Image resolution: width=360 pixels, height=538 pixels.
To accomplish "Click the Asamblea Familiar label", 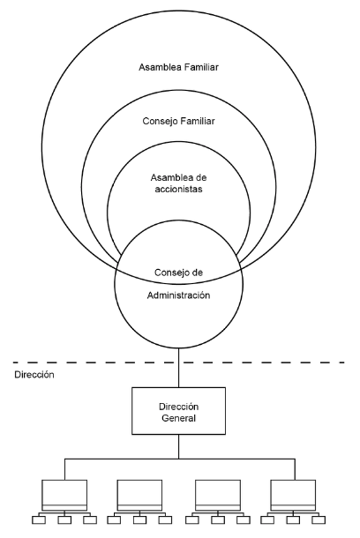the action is pos(178,67).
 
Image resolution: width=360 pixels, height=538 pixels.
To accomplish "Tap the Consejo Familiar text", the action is pos(178,121).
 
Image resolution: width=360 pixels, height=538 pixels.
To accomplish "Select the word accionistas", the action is pos(178,189).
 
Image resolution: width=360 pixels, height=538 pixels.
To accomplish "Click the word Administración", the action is pos(178,295).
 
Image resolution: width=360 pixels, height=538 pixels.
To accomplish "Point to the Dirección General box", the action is pos(178,411).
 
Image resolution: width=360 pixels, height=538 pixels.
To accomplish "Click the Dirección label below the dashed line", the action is pos(34,375).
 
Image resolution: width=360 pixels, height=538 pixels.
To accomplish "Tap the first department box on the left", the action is pos(64,495).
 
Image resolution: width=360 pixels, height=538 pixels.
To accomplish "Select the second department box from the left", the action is pos(139,495).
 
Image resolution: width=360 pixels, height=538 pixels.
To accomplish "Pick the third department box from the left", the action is pos(218,495).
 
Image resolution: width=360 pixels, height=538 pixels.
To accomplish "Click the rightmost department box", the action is pos(293,495).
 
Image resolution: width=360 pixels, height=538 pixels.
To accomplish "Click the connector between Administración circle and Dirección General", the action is pos(178,368).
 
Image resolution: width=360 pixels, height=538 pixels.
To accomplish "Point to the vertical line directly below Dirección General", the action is pos(178,446).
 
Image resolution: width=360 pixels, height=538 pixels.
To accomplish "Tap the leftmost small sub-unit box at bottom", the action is pos(39,519).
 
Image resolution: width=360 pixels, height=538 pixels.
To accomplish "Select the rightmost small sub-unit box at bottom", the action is pos(319,519).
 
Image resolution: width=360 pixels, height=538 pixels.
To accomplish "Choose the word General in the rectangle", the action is pos(178,418).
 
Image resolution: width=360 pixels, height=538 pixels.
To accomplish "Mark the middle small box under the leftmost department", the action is pos(64,519).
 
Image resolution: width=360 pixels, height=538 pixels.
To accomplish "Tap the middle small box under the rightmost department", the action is pos(293,519).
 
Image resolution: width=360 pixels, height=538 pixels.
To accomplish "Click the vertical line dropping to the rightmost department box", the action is pos(295,469).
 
